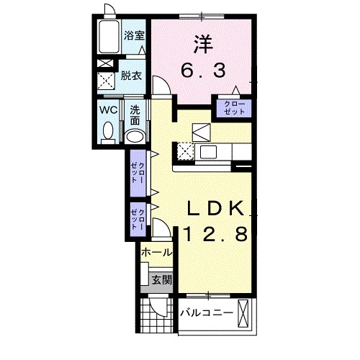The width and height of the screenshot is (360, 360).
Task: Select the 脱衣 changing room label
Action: point(130,74)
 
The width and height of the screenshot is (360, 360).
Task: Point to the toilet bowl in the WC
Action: point(109,132)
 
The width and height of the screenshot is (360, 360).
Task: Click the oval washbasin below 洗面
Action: point(134,135)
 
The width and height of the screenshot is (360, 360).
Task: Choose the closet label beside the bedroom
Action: point(232,108)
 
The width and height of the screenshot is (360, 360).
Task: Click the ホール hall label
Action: point(156,253)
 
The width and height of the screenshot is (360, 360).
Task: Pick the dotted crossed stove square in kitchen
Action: point(184,152)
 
